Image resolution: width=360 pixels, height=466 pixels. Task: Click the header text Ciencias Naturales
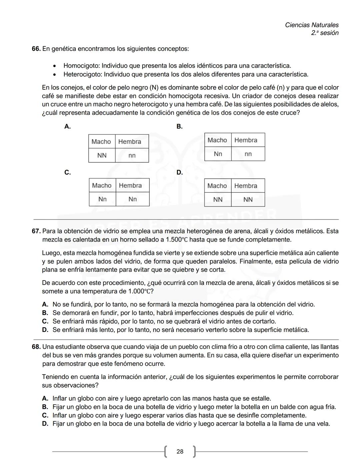[312, 25]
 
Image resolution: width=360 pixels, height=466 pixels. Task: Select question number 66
[36, 49]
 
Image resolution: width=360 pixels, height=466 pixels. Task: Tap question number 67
[36, 231]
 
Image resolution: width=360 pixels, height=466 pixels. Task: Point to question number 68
[36, 347]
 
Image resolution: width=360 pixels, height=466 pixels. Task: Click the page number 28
[180, 452]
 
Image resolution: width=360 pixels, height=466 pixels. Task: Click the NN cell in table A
[102, 155]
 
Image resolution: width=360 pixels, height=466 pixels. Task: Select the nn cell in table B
[248, 154]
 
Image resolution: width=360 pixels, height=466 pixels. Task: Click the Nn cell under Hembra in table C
[132, 199]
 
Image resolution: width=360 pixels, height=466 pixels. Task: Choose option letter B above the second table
[179, 127]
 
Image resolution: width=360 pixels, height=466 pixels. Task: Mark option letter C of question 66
[67, 172]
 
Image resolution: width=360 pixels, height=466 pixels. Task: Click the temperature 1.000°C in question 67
[140, 292]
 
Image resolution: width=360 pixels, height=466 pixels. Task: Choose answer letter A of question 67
[45, 305]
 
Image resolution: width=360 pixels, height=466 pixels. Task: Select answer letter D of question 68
[45, 424]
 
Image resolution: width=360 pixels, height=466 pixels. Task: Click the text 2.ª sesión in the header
[325, 33]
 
